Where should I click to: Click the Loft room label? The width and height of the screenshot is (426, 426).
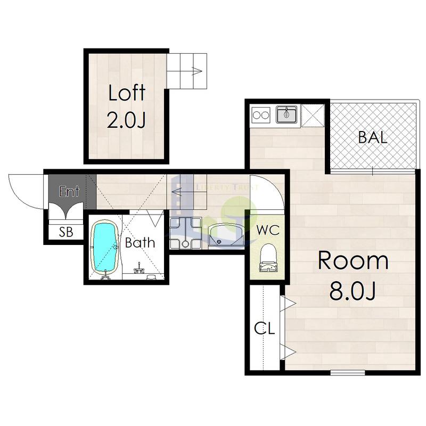pyautogui.click(x=127, y=93)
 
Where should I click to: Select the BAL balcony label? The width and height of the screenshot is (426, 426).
pyautogui.click(x=372, y=137)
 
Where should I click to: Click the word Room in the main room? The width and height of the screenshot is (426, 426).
pyautogui.click(x=353, y=260)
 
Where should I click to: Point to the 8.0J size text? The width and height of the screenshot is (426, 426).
pyautogui.click(x=353, y=291)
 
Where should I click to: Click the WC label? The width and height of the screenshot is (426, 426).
pyautogui.click(x=268, y=230)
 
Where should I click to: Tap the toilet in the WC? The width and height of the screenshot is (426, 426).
pyautogui.click(x=268, y=258)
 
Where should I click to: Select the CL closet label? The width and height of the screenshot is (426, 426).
pyautogui.click(x=264, y=329)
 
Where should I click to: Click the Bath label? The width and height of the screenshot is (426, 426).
pyautogui.click(x=140, y=242)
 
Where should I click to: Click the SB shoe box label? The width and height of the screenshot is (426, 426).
pyautogui.click(x=66, y=232)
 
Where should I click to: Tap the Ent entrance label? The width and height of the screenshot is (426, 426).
pyautogui.click(x=69, y=191)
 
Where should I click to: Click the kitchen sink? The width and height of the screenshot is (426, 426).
pyautogui.click(x=287, y=114)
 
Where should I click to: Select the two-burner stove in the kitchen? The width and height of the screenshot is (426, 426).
pyautogui.click(x=261, y=115)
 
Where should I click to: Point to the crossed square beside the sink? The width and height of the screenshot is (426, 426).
pyautogui.click(x=313, y=116)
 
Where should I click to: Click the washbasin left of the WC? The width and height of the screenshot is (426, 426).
pyautogui.click(x=226, y=235)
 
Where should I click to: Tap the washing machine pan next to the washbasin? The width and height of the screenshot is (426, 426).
pyautogui.click(x=185, y=233)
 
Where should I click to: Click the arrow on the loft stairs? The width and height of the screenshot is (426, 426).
pyautogui.click(x=197, y=71)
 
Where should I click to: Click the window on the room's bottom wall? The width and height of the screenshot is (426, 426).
pyautogui.click(x=348, y=373)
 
